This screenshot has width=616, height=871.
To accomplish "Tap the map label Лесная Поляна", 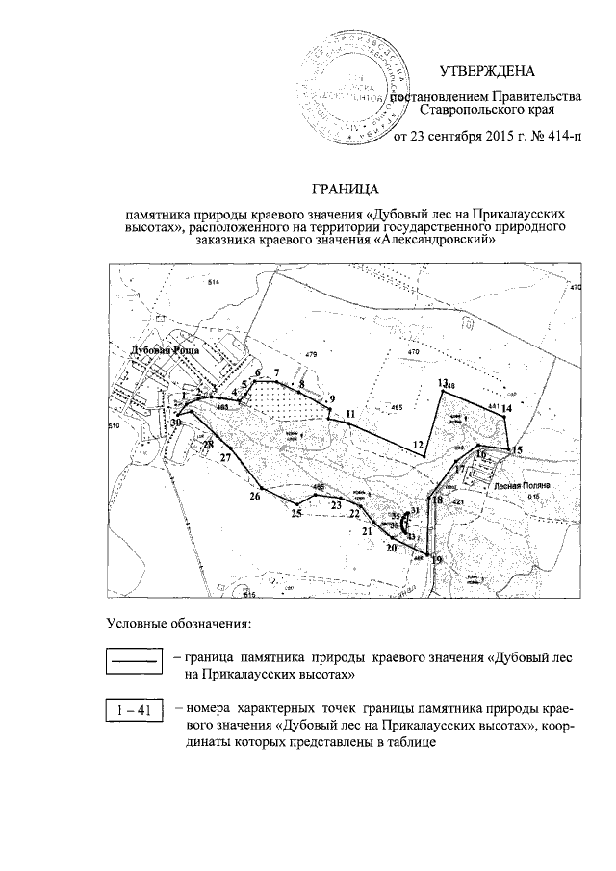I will pyautogui.click(x=521, y=488).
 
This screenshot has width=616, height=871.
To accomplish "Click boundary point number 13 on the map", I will pyautogui.click(x=442, y=383).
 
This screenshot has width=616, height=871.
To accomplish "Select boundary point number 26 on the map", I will pyautogui.click(x=255, y=497).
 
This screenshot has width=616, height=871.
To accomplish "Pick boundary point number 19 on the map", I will pyautogui.click(x=436, y=560).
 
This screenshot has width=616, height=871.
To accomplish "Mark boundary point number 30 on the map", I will pyautogui.click(x=176, y=422).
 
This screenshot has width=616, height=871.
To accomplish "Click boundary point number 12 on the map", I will pyautogui.click(x=418, y=445).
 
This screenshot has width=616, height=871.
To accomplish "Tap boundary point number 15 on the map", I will pyautogui.click(x=517, y=450).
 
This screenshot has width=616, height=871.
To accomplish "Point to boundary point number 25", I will pyautogui.click(x=297, y=513).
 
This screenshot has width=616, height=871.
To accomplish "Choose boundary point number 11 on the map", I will pyautogui.click(x=350, y=414).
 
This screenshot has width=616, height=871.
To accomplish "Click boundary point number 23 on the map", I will pyautogui.click(x=336, y=504).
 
